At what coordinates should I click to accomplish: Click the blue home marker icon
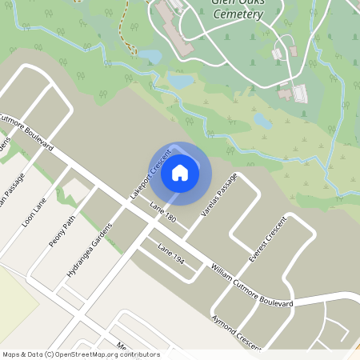point(180,172)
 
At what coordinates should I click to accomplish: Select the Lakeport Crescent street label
point(146,172)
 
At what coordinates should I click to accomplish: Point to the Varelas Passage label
point(219,196)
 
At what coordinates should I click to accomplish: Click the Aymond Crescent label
point(237,332)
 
